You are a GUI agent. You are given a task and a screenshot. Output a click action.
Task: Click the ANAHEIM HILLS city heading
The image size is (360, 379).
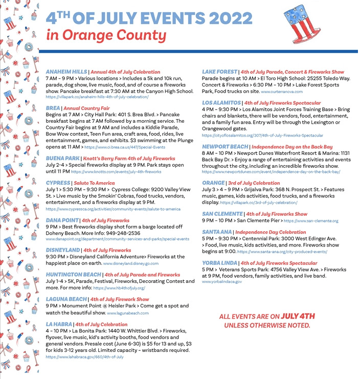coord(67,72)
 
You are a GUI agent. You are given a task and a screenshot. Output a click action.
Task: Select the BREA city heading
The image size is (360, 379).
coord(53,108)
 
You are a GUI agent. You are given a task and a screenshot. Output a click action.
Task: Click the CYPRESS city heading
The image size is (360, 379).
coord(57,183)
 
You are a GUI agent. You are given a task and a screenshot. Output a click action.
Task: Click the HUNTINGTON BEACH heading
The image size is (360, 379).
coord(73,275)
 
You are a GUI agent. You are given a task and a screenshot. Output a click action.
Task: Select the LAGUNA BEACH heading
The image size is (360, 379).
coord(66,299)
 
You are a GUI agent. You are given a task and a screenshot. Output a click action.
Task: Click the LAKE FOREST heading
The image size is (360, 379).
coord(219,72)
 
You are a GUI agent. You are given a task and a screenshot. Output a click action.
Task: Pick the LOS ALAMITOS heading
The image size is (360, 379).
coord(221,102)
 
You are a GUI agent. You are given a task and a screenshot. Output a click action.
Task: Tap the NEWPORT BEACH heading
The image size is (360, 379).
coord(224,146)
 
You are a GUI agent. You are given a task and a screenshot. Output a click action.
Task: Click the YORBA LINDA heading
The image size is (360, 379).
coord(220,263)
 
